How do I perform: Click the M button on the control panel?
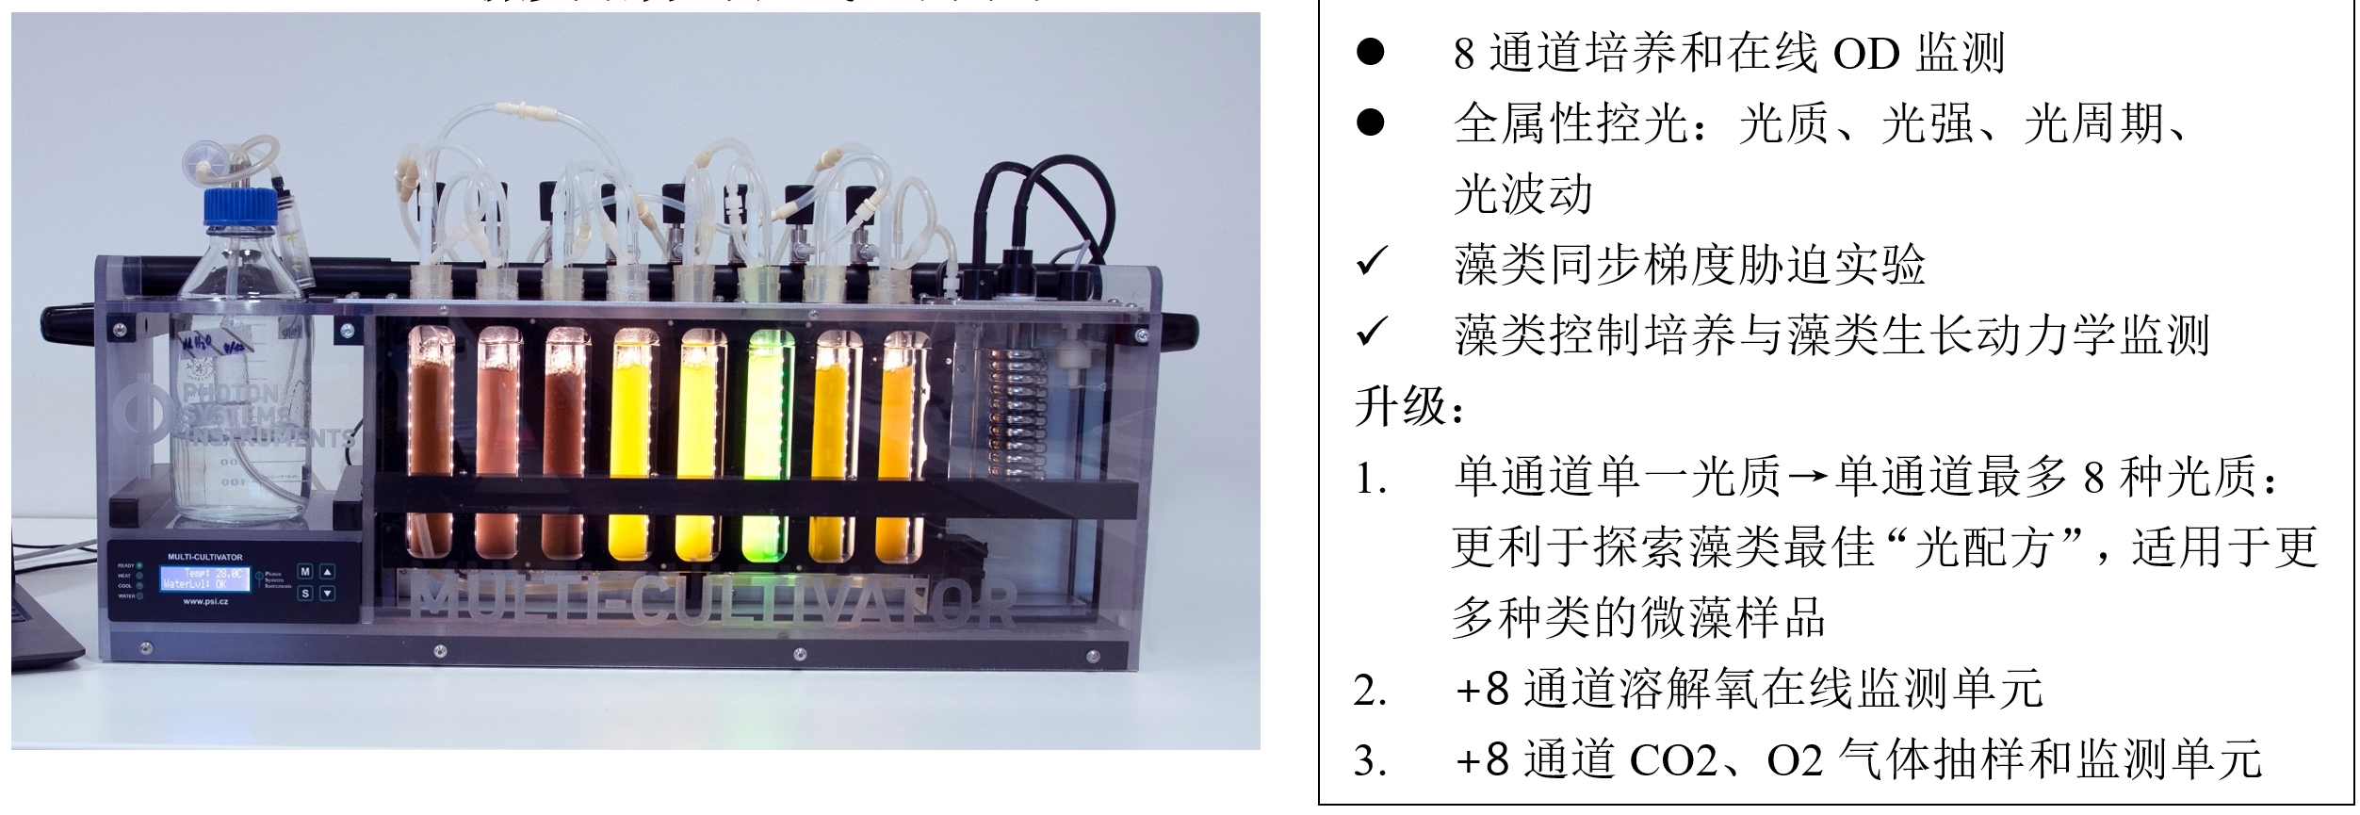point(305,571)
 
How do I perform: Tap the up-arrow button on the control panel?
point(327,571)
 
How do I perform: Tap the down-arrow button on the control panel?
point(327,594)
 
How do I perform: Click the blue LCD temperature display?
point(205,579)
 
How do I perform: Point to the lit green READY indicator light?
point(139,565)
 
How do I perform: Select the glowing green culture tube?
point(765,443)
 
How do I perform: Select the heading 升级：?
point(1409,407)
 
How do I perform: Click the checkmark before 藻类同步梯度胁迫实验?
point(1372,264)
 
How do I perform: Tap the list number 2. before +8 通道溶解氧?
point(1371,691)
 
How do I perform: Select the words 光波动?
point(1522,195)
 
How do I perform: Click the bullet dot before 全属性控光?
point(1371,122)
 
